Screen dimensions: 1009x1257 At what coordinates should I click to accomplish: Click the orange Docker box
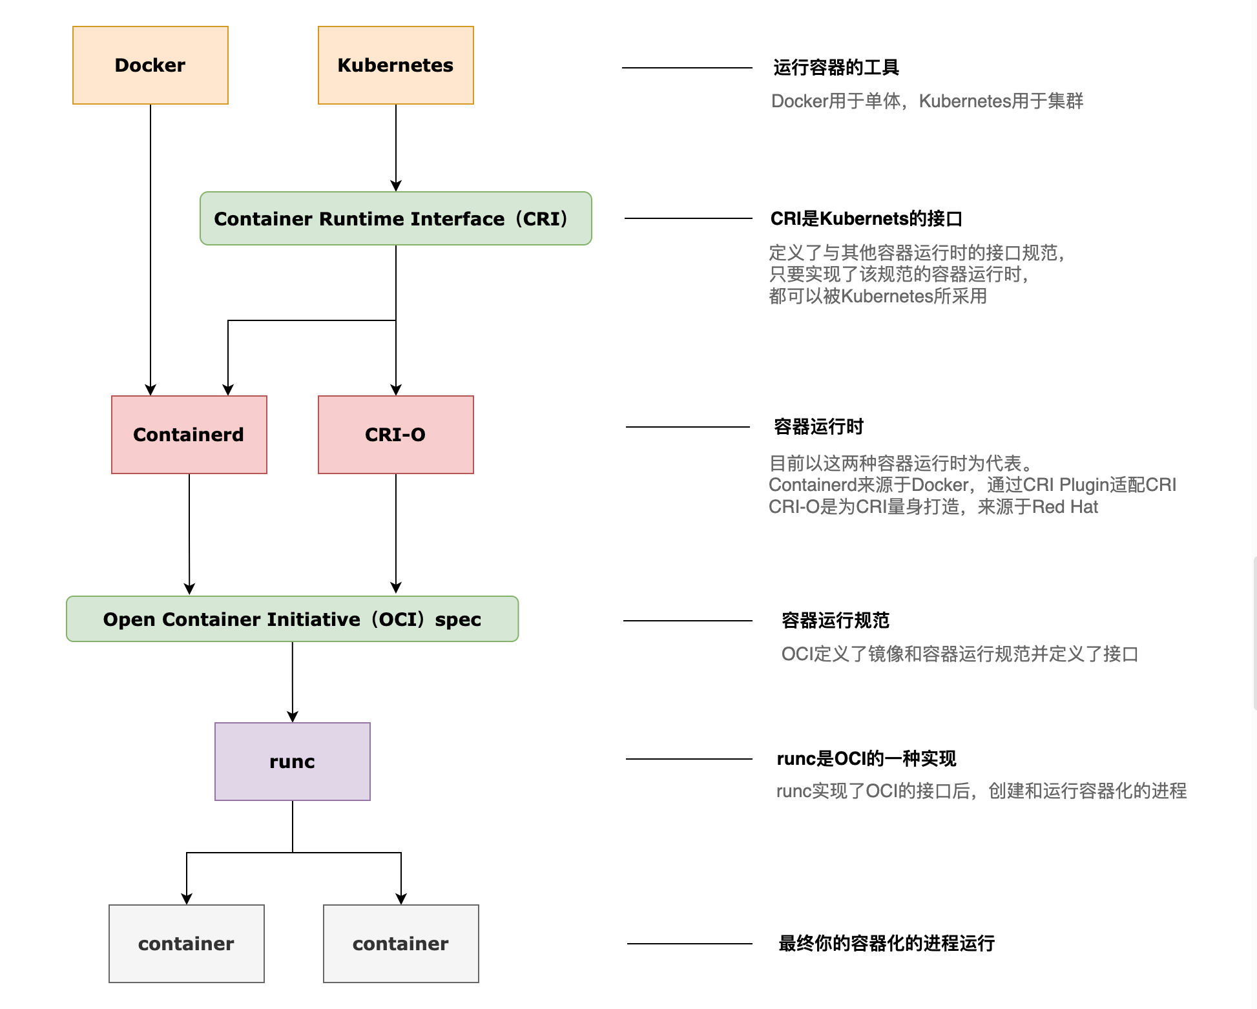pyautogui.click(x=150, y=65)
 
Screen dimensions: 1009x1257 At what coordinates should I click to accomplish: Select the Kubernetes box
pyautogui.click(x=395, y=65)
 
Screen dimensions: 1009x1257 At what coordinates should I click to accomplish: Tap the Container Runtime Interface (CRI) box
pyautogui.click(x=395, y=218)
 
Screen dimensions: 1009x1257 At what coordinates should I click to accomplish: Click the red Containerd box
pyautogui.click(x=189, y=435)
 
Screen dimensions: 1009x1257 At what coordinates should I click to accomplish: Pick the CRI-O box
pyautogui.click(x=395, y=435)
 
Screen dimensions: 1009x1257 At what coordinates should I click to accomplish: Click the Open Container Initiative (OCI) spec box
pyautogui.click(x=292, y=619)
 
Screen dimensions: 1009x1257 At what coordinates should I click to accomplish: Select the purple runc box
pyautogui.click(x=292, y=762)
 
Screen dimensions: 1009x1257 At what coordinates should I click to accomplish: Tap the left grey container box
pyautogui.click(x=186, y=944)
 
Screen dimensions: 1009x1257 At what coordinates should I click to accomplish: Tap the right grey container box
pyautogui.click(x=400, y=944)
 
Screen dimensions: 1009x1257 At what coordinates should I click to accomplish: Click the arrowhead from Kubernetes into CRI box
pyautogui.click(x=396, y=186)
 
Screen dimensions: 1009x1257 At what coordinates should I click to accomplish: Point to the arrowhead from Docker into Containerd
pyautogui.click(x=151, y=390)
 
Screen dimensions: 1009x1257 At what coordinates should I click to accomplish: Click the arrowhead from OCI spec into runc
pyautogui.click(x=293, y=716)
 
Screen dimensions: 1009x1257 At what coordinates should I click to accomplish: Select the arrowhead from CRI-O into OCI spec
pyautogui.click(x=396, y=588)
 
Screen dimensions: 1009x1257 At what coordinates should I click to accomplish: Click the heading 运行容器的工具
pyautogui.click(x=836, y=67)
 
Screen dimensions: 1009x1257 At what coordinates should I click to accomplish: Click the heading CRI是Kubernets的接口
pyautogui.click(x=866, y=218)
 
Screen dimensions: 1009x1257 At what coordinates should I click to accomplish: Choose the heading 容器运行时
pyautogui.click(x=818, y=426)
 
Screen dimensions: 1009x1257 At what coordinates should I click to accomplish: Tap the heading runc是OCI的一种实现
pyautogui.click(x=866, y=758)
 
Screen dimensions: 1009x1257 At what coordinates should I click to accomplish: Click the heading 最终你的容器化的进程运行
pyautogui.click(x=886, y=943)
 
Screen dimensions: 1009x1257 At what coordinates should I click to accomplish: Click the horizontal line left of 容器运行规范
pyautogui.click(x=687, y=621)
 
